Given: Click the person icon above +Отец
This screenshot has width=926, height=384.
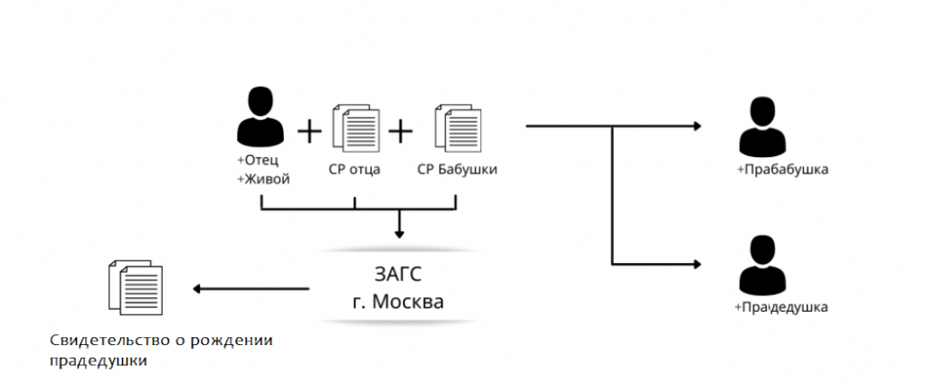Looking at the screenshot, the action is tap(260, 117).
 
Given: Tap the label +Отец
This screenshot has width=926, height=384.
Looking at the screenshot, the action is tap(258, 161).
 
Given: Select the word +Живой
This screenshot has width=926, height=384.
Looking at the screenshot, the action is tap(263, 180).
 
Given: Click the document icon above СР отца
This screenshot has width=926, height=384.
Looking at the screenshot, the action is tap(355, 127).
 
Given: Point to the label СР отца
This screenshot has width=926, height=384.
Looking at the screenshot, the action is tap(354, 170).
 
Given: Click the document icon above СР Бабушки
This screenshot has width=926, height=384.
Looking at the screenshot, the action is tap(457, 127).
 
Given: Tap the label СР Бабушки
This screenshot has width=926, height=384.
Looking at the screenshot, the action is tap(457, 170).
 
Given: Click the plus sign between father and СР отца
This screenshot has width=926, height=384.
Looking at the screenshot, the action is tap(309, 131).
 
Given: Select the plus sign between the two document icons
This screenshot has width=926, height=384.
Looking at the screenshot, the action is tap(400, 131).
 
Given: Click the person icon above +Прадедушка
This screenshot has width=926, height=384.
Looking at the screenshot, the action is tap(762, 265).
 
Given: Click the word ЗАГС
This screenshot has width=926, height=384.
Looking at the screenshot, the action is tap(399, 276).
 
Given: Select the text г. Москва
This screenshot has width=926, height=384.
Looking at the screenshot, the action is tap(398, 302).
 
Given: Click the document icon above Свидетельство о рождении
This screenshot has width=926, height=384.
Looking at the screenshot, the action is tap(136, 287).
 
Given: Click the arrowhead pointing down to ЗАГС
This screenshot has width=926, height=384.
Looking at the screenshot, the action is tap(399, 234).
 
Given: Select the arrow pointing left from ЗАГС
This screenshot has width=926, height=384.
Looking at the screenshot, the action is tap(251, 289).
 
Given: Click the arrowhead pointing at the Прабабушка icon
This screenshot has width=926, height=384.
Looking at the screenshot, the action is tap(697, 126).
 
